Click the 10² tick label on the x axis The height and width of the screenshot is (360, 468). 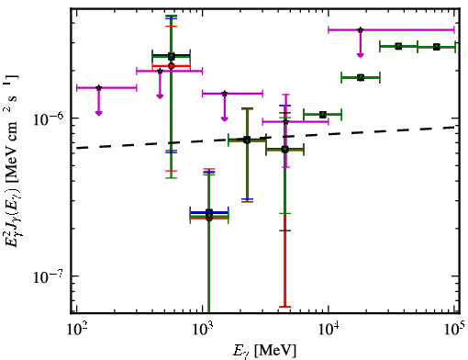(x=76, y=329)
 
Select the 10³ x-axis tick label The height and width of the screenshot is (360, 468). (x=203, y=329)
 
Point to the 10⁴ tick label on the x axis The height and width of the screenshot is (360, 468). (x=329, y=329)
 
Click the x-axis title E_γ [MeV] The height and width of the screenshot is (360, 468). (x=264, y=351)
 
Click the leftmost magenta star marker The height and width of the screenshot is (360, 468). (x=98, y=88)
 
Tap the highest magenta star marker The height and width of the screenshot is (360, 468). (x=361, y=29)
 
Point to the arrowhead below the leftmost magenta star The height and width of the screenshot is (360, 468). (x=98, y=113)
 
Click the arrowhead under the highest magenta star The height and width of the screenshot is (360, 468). (x=361, y=55)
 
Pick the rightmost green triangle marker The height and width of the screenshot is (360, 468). (x=437, y=47)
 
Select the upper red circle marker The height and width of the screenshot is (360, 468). (x=172, y=66)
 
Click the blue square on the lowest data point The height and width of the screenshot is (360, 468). (x=209, y=212)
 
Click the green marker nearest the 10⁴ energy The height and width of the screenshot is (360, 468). (x=322, y=115)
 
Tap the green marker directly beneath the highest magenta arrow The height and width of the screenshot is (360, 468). (x=361, y=77)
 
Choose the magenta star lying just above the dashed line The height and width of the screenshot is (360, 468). (x=285, y=122)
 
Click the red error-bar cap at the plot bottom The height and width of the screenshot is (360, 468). (x=285, y=307)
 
